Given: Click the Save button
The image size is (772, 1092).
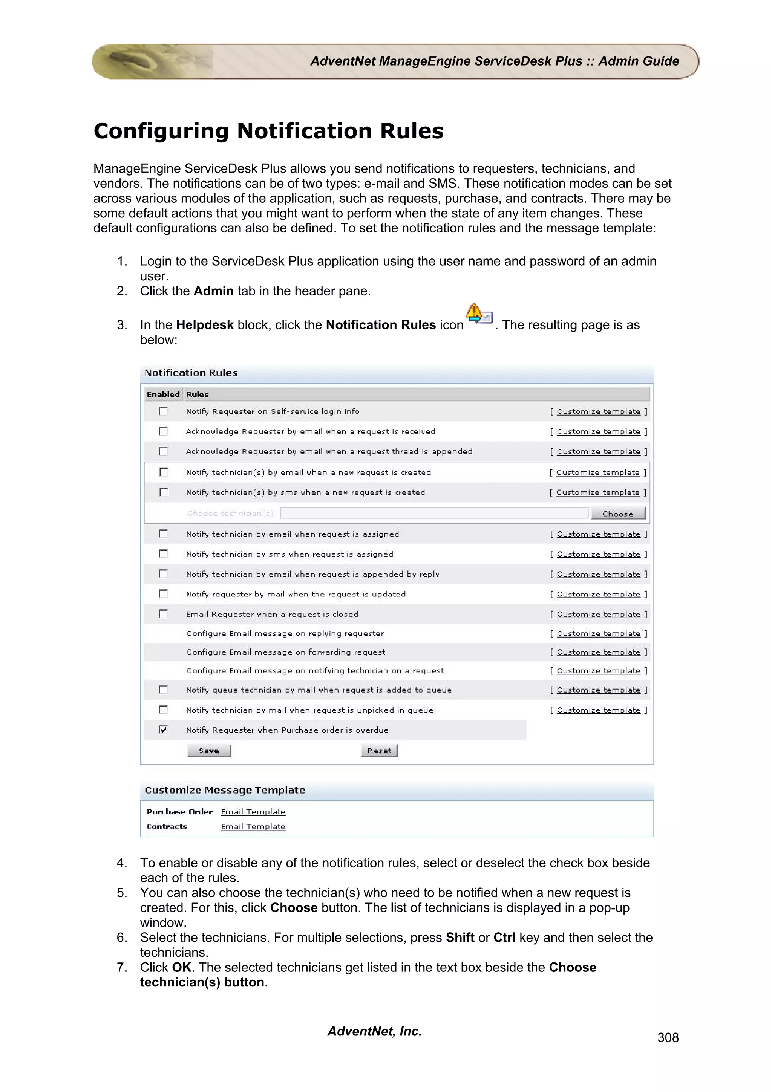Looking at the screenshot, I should tap(209, 751).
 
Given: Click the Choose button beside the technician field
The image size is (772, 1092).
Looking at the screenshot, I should tap(617, 514).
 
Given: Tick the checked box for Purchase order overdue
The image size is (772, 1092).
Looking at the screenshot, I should tap(163, 730).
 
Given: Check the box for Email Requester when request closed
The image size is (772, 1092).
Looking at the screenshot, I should tap(163, 614).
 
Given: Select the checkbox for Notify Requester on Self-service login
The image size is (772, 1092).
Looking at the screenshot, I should tap(163, 411).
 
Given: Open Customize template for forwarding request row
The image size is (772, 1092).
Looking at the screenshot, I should tap(598, 652).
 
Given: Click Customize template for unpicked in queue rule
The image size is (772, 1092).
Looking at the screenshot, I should tap(598, 710).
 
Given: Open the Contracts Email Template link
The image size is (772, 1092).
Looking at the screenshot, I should tap(253, 827).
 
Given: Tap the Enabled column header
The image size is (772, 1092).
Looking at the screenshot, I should tap(163, 394).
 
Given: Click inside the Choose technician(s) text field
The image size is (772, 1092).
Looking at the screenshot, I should tap(434, 513).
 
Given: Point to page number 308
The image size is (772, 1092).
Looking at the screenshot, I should tap(668, 1038).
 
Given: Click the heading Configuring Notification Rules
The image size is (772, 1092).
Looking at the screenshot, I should tap(268, 131).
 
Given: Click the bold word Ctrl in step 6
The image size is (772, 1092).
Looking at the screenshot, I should tap(504, 938).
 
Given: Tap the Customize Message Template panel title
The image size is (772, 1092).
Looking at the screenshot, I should tap(225, 790).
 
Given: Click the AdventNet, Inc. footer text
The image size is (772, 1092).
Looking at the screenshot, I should tap(374, 1031).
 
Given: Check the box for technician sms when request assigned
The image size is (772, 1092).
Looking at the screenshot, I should tap(163, 554).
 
